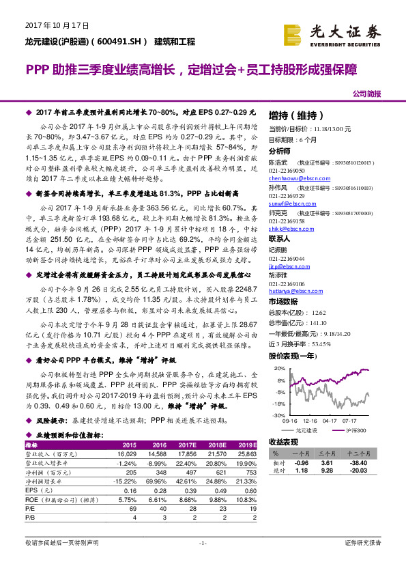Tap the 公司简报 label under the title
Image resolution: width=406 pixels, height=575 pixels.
[x=367, y=93]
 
